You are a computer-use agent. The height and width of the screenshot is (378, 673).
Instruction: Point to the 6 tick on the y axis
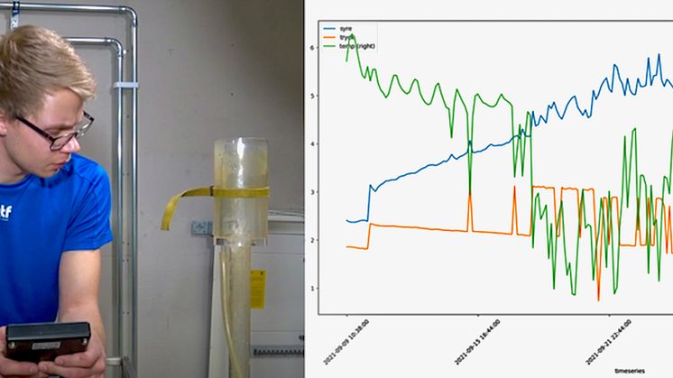pos(311,48)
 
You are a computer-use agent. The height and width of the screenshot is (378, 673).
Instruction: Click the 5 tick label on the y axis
pos(311,96)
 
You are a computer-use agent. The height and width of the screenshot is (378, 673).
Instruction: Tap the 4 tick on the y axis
pos(311,143)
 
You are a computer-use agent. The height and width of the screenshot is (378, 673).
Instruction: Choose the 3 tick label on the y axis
pos(311,192)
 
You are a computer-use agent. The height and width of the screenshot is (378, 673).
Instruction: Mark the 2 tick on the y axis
pos(311,240)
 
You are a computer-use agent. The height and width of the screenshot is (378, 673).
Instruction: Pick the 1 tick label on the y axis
pos(311,288)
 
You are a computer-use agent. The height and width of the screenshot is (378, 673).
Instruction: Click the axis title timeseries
pos(630,370)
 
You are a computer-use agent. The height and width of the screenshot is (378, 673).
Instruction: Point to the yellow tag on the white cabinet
pos(258,289)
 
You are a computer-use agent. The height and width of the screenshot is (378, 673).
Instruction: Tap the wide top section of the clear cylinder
pos(240,162)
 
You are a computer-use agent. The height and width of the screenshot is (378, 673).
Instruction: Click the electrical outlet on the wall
pos(201,228)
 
